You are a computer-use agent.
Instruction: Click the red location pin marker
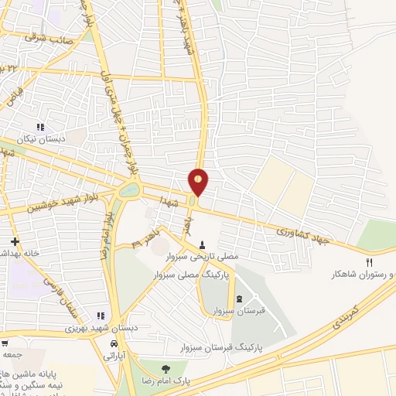(199, 182)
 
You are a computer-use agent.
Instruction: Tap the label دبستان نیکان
(43, 138)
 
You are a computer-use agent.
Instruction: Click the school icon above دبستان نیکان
(41, 127)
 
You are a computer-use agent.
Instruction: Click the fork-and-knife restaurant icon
(370, 263)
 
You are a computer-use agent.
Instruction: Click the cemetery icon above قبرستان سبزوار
(238, 299)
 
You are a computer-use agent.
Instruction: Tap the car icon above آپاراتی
(114, 343)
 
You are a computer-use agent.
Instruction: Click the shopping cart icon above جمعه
(5, 343)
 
